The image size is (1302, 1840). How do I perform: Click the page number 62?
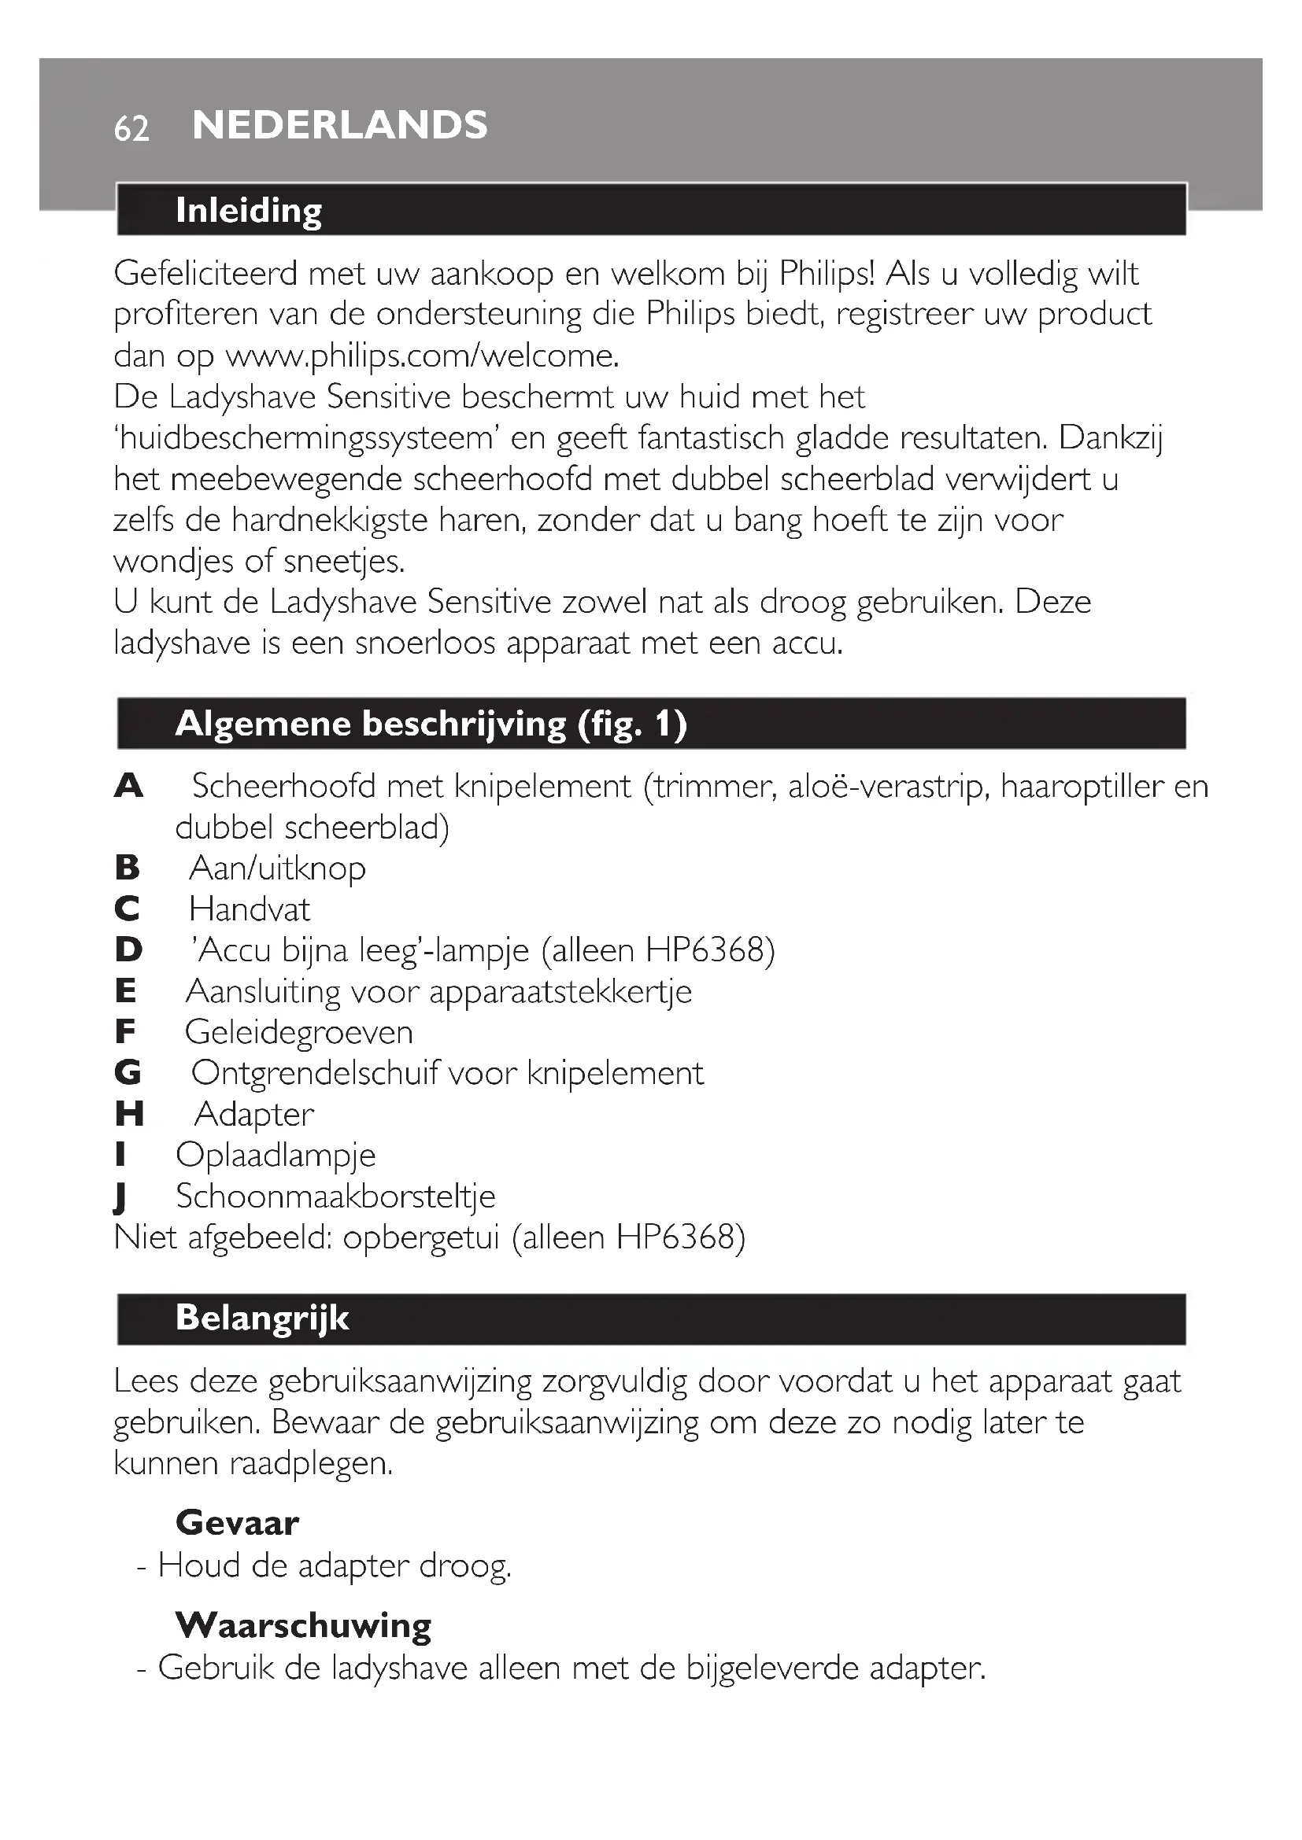[x=131, y=128]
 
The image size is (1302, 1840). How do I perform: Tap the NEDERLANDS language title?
[x=340, y=125]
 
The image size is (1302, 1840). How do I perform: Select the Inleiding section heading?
[x=249, y=210]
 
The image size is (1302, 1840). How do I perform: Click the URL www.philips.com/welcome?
[x=422, y=356]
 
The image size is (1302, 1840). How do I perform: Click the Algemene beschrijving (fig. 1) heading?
[x=431, y=724]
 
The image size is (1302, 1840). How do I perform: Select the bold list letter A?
[x=128, y=786]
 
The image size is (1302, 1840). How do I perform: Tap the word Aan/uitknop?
[x=277, y=868]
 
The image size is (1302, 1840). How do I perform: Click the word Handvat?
[x=250, y=909]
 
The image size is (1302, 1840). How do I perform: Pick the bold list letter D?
[x=128, y=950]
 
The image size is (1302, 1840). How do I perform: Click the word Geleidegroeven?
[x=299, y=1032]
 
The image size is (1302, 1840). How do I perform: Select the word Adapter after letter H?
[x=254, y=1115]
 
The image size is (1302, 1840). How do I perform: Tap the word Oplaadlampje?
[x=276, y=1156]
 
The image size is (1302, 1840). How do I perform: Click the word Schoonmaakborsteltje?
[x=336, y=1197]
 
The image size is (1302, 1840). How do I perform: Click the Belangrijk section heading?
[x=262, y=1318]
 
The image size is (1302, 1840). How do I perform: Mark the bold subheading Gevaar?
[x=237, y=1523]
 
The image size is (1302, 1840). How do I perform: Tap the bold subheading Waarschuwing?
[x=304, y=1625]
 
